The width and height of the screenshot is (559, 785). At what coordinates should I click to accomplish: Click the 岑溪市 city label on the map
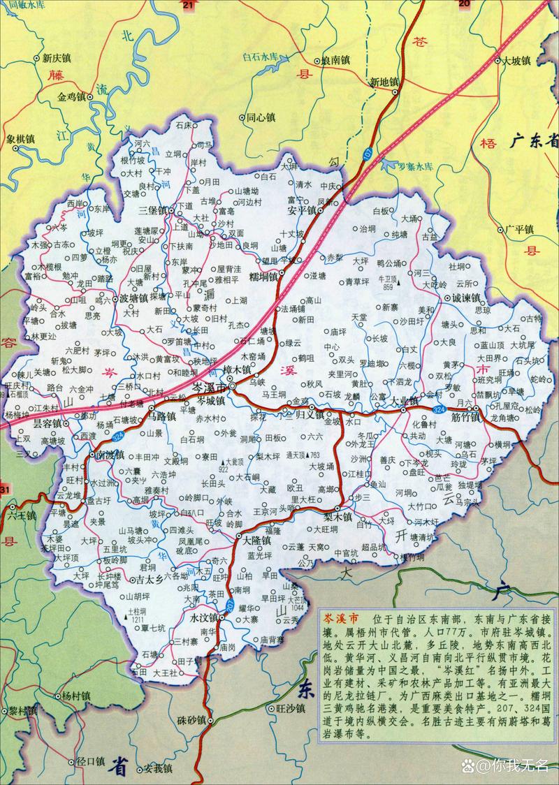[x=209, y=388]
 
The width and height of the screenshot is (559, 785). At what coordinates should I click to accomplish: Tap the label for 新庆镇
[x=58, y=59]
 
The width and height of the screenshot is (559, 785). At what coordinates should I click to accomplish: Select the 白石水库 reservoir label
[x=260, y=57]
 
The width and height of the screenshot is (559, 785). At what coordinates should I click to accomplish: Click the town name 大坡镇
[x=518, y=60]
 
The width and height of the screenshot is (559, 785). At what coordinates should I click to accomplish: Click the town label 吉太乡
[x=149, y=579]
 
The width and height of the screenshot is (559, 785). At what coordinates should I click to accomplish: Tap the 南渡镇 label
[x=110, y=455]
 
